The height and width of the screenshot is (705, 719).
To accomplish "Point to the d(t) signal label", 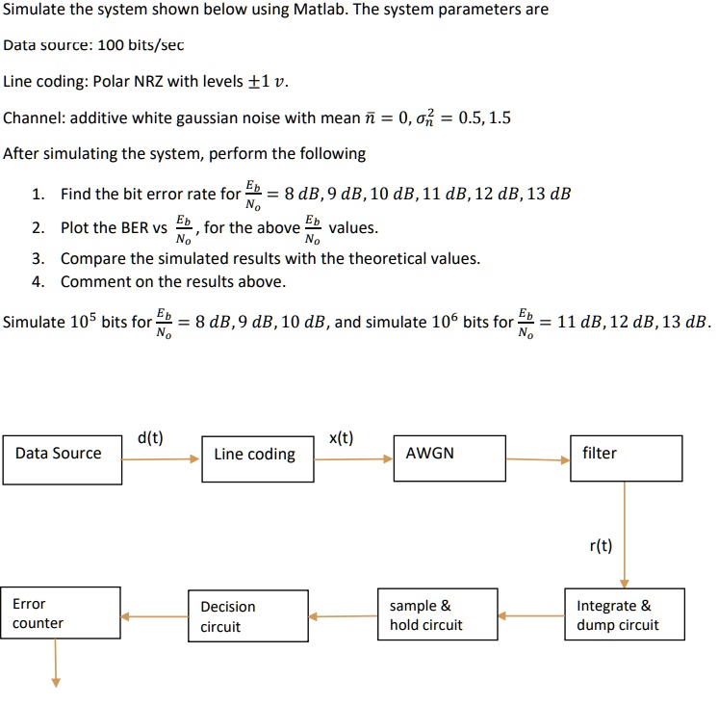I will point(150,438).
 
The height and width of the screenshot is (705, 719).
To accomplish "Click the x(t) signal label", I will point(342,438).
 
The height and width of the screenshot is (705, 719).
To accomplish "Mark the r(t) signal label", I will point(600,546).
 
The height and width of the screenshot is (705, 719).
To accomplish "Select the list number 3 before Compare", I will point(37,258).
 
